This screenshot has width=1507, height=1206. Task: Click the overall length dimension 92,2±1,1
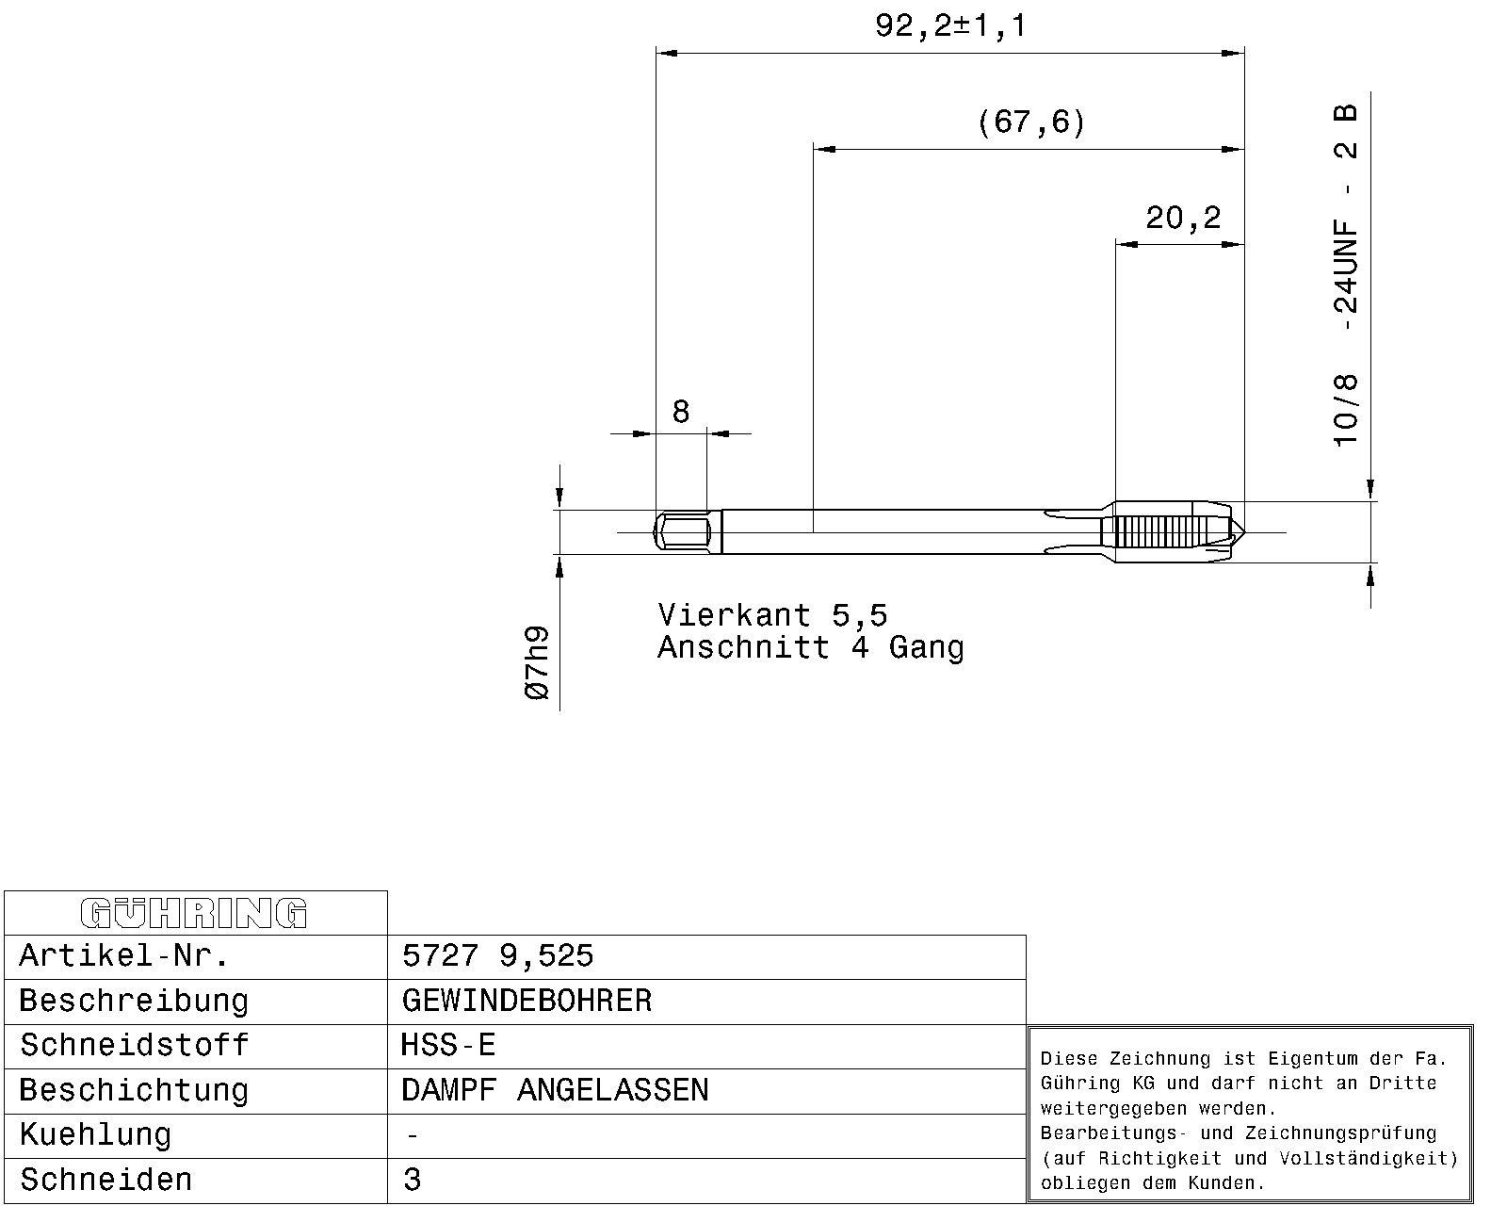[x=950, y=26]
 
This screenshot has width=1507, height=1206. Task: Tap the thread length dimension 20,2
[x=1183, y=218]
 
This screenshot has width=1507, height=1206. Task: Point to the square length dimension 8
[x=681, y=412]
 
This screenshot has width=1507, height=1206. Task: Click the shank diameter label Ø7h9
[x=537, y=662]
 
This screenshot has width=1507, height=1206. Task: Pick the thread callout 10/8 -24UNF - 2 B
[x=1345, y=275]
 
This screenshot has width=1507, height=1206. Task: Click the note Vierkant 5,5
[x=772, y=616]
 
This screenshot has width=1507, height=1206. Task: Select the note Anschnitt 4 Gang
[x=810, y=648]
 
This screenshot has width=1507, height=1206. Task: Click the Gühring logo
[x=194, y=914]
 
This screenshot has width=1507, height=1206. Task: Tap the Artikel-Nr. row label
[x=123, y=955]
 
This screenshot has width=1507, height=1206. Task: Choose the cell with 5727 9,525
[x=498, y=955]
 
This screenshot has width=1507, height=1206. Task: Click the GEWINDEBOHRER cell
[x=527, y=1001]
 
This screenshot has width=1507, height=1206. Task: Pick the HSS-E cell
[x=448, y=1046]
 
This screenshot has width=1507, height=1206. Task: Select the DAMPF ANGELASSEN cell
[x=555, y=1090]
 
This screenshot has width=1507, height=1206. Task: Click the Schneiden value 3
[x=413, y=1180]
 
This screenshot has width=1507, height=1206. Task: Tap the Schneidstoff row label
[x=134, y=1046]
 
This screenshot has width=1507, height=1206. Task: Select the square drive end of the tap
[x=681, y=532]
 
